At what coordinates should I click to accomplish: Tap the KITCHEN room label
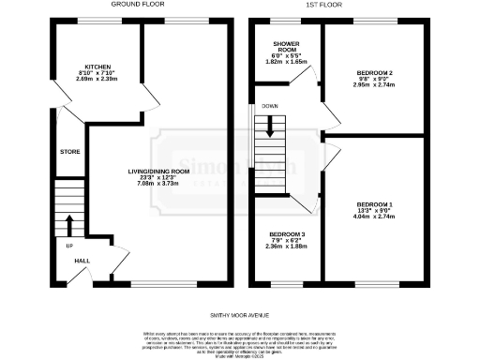tap(98, 67)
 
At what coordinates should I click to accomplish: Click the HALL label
tap(82, 262)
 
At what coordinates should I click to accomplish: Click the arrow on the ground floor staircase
tap(68, 224)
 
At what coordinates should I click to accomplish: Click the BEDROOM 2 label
tap(374, 71)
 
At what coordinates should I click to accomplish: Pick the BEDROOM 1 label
tap(374, 203)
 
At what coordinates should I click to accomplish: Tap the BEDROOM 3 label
tap(288, 234)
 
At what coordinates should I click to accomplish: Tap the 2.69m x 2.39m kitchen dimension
tap(98, 80)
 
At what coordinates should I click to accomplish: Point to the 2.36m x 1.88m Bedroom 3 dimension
tap(288, 247)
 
